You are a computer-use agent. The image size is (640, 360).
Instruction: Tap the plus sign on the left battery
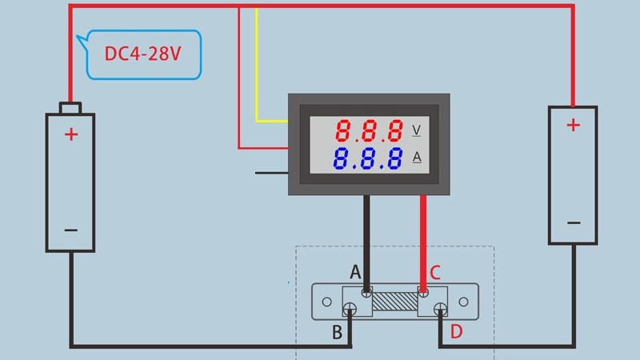(x=71, y=134)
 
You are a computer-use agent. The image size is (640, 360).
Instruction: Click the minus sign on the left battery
(x=71, y=230)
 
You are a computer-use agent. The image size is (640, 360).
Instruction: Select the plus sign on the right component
(x=573, y=125)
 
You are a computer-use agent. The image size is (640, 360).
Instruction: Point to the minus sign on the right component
(x=573, y=222)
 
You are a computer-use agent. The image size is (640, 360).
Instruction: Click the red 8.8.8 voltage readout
(x=369, y=130)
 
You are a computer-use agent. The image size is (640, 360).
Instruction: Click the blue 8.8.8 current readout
(x=369, y=158)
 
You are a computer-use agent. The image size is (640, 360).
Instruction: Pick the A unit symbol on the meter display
(x=417, y=158)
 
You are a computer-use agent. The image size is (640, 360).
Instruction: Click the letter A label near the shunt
(x=355, y=273)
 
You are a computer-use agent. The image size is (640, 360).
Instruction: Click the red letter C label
(x=435, y=273)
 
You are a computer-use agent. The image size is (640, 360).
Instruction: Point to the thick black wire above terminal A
(x=366, y=240)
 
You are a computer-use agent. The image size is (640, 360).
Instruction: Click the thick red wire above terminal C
(x=423, y=240)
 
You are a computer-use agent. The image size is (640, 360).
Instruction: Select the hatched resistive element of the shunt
(x=394, y=302)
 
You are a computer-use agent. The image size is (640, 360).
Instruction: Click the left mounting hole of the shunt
(x=327, y=302)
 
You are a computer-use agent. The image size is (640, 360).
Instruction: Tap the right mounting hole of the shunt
(x=463, y=302)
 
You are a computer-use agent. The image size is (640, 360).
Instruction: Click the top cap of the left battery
(x=70, y=108)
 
